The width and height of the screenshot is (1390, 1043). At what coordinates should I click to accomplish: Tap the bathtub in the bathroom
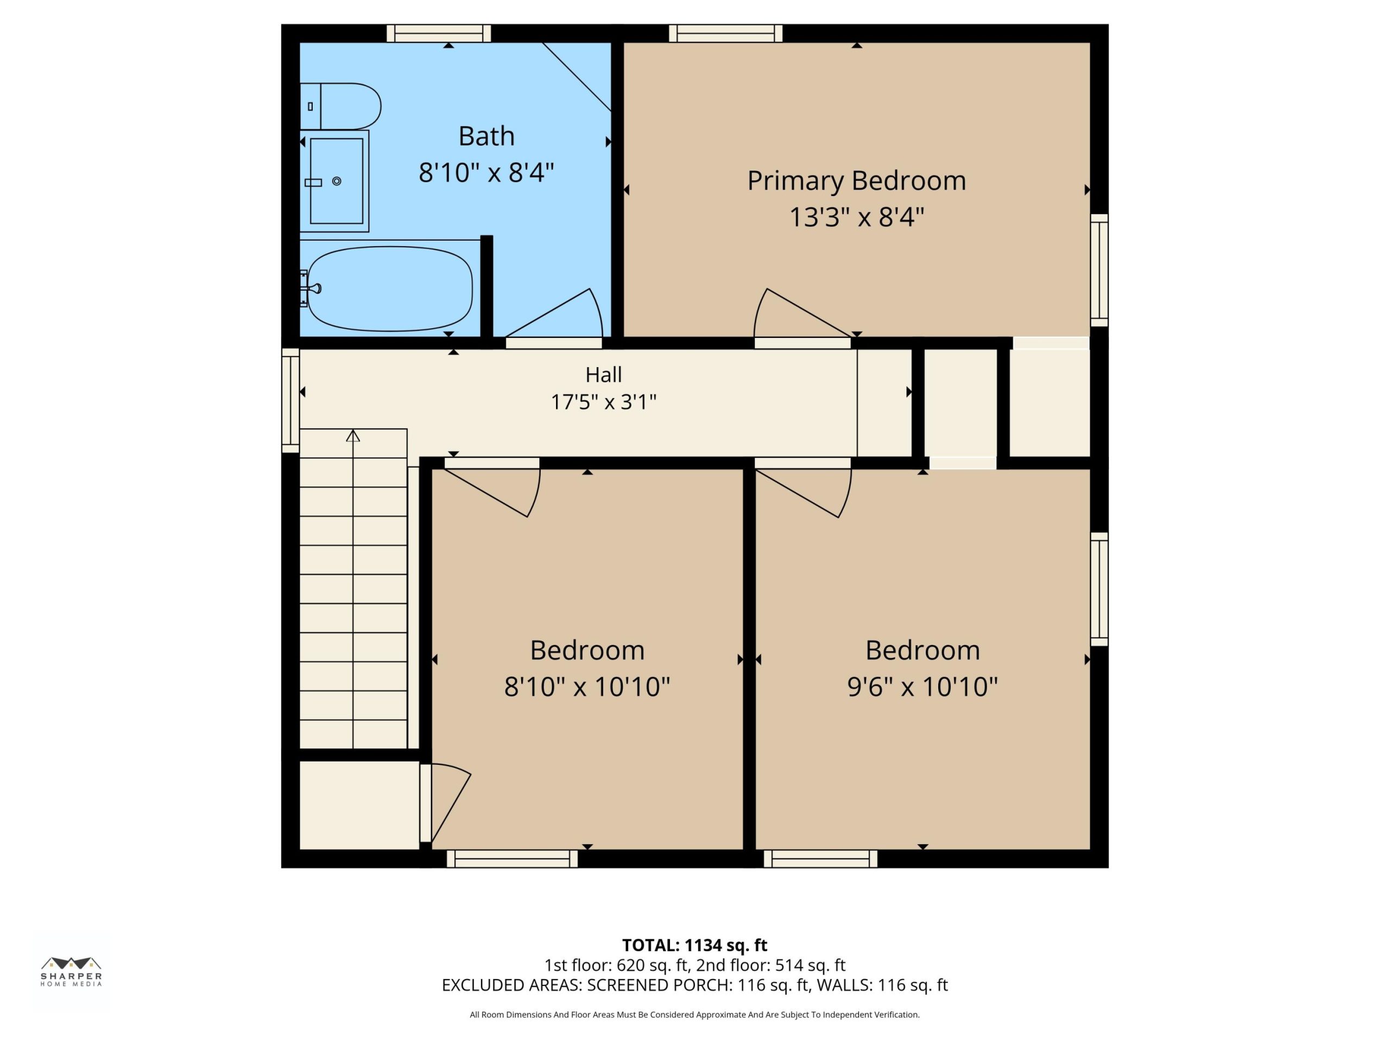tap(390, 288)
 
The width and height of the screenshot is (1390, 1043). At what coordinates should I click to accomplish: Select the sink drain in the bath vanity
tap(337, 181)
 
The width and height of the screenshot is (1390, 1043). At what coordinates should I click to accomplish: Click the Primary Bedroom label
tap(856, 181)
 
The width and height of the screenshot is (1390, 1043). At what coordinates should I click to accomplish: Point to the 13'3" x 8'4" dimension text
tap(856, 217)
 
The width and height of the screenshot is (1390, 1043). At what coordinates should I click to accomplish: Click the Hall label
tap(603, 375)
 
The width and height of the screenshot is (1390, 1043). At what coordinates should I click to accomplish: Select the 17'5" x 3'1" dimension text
tap(603, 402)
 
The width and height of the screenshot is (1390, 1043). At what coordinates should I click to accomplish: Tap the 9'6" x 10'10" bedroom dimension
tap(923, 686)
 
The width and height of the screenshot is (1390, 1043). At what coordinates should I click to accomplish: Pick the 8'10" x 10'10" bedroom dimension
tap(587, 686)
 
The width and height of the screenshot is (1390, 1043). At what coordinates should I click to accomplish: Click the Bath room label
tap(486, 136)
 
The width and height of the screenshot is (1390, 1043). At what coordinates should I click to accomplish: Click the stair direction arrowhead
tap(353, 435)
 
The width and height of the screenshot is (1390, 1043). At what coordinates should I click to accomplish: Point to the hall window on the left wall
tap(290, 400)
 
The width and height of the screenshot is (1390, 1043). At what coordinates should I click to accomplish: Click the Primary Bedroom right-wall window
tap(1099, 271)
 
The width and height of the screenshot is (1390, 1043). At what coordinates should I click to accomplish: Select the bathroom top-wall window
tap(439, 33)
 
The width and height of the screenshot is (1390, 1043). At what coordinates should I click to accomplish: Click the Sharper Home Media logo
tap(71, 971)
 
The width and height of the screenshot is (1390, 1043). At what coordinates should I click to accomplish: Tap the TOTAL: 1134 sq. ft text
tap(694, 945)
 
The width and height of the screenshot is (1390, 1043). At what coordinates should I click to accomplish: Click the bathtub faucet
tap(311, 288)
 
